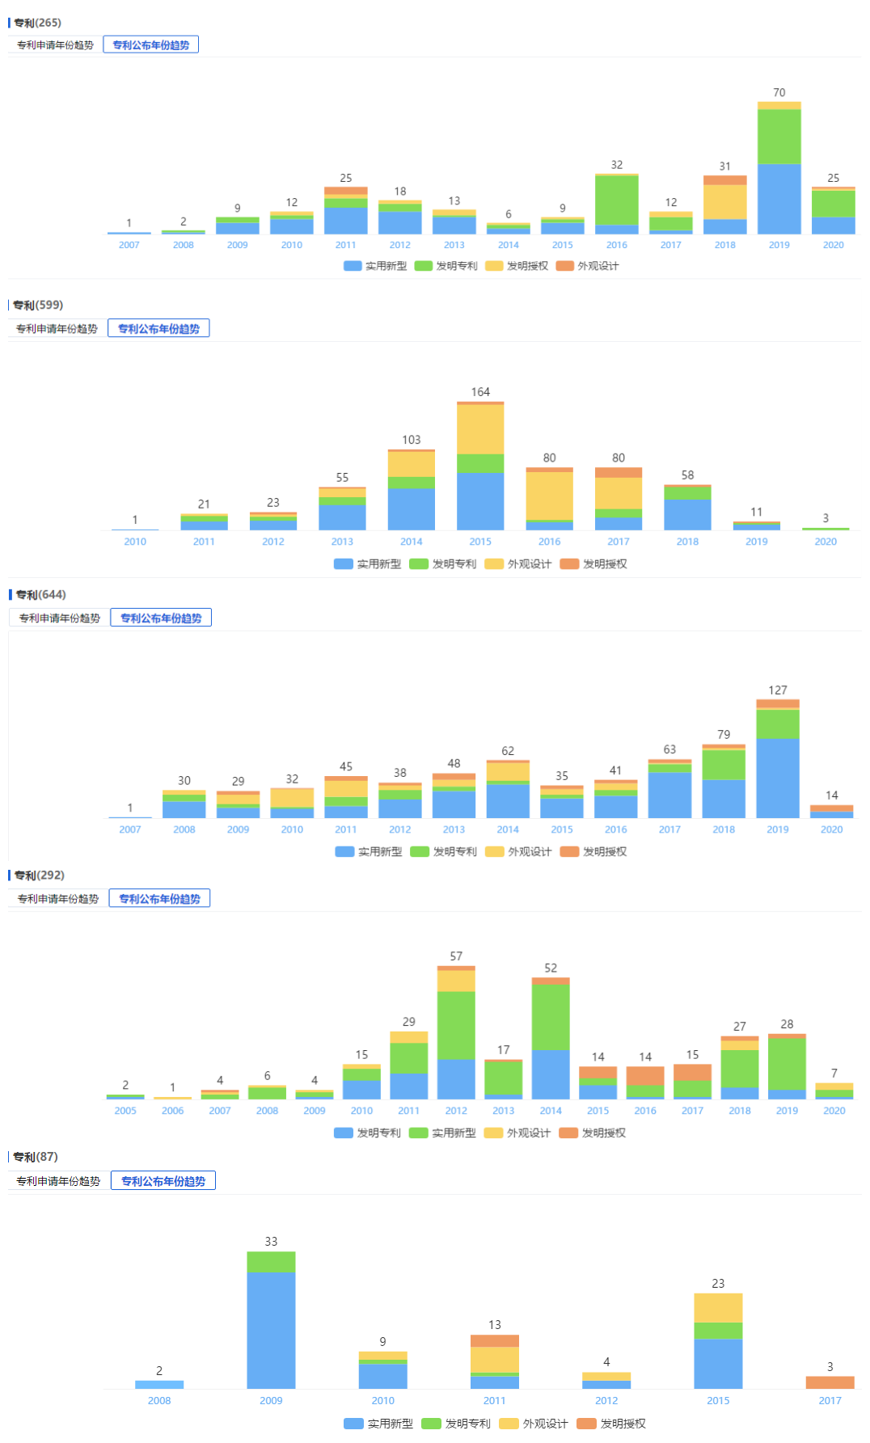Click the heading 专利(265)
coord(37,23)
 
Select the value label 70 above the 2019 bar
coord(779,92)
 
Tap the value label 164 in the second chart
coord(480,392)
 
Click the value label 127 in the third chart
coord(777,690)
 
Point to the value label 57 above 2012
coord(456,956)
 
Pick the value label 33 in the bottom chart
coord(271,1241)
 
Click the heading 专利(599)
coord(38,305)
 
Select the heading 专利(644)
coord(40,594)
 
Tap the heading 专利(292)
coord(39,875)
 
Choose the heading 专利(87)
coord(36,1157)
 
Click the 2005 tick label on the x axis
coord(125,1111)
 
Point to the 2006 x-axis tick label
coord(172,1111)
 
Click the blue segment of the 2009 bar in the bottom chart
coord(271,1330)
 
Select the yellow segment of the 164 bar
coord(480,428)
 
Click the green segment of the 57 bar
coord(456,1025)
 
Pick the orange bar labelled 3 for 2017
coord(830,1382)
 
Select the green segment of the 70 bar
coord(779,137)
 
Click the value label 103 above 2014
coord(411,440)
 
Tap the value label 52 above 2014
coord(551,968)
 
